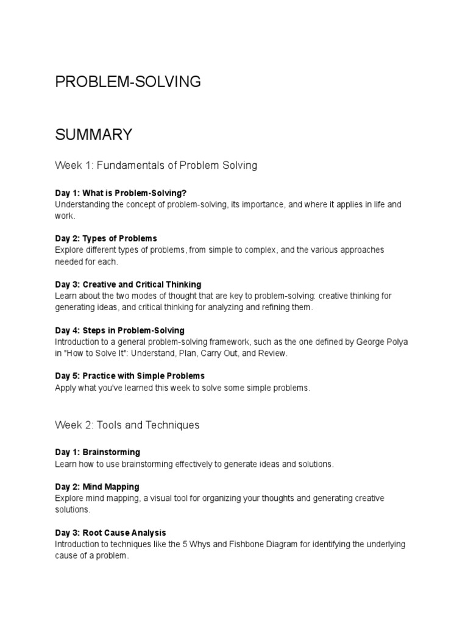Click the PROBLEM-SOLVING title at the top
[128, 82]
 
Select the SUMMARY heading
[93, 135]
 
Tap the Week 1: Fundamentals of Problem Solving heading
[156, 165]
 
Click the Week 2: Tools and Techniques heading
[127, 425]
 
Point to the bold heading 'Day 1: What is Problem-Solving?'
[121, 193]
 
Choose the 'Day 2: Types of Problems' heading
[105, 238]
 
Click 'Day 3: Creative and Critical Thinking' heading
[128, 285]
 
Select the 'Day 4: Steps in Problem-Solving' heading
[119, 330]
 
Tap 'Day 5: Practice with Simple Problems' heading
[130, 376]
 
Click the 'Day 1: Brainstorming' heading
[97, 452]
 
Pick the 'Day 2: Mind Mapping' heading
[97, 487]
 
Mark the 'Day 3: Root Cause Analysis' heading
[110, 533]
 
